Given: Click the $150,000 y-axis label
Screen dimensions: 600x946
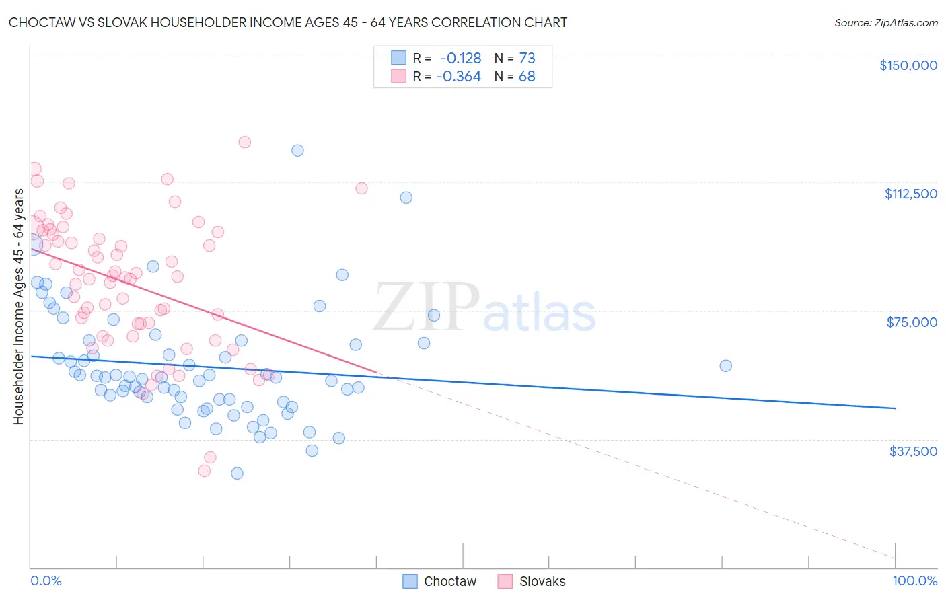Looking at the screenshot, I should [x=908, y=65].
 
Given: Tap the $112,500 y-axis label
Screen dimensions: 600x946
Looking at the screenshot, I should [x=910, y=194].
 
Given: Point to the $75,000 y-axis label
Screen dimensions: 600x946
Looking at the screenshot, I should [x=912, y=322].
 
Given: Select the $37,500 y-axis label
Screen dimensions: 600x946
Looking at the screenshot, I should [x=913, y=451].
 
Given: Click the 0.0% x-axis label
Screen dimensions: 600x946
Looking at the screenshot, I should [x=46, y=581].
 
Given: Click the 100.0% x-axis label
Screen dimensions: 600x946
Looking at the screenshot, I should [x=914, y=581].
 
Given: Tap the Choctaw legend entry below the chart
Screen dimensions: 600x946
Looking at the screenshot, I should [x=449, y=582].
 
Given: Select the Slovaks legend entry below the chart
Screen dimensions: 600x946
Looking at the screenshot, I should [x=542, y=582].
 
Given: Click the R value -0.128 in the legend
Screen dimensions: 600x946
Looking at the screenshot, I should [x=460, y=58].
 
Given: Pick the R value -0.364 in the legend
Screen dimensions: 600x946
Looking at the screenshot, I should [x=458, y=77].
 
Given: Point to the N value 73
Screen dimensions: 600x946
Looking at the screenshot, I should [x=527, y=58].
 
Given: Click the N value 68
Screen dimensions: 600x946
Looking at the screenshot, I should [x=527, y=77].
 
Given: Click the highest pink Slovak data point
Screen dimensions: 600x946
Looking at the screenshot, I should [x=245, y=142].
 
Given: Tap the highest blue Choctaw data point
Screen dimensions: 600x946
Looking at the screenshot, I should [x=297, y=151].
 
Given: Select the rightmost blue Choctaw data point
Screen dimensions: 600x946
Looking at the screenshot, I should [x=725, y=366].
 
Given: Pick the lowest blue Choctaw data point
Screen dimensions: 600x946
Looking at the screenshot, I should [x=237, y=474].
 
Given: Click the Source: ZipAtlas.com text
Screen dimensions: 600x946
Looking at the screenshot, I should [x=885, y=23].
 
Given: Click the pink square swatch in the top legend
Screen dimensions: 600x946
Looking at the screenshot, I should [x=398, y=77].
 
